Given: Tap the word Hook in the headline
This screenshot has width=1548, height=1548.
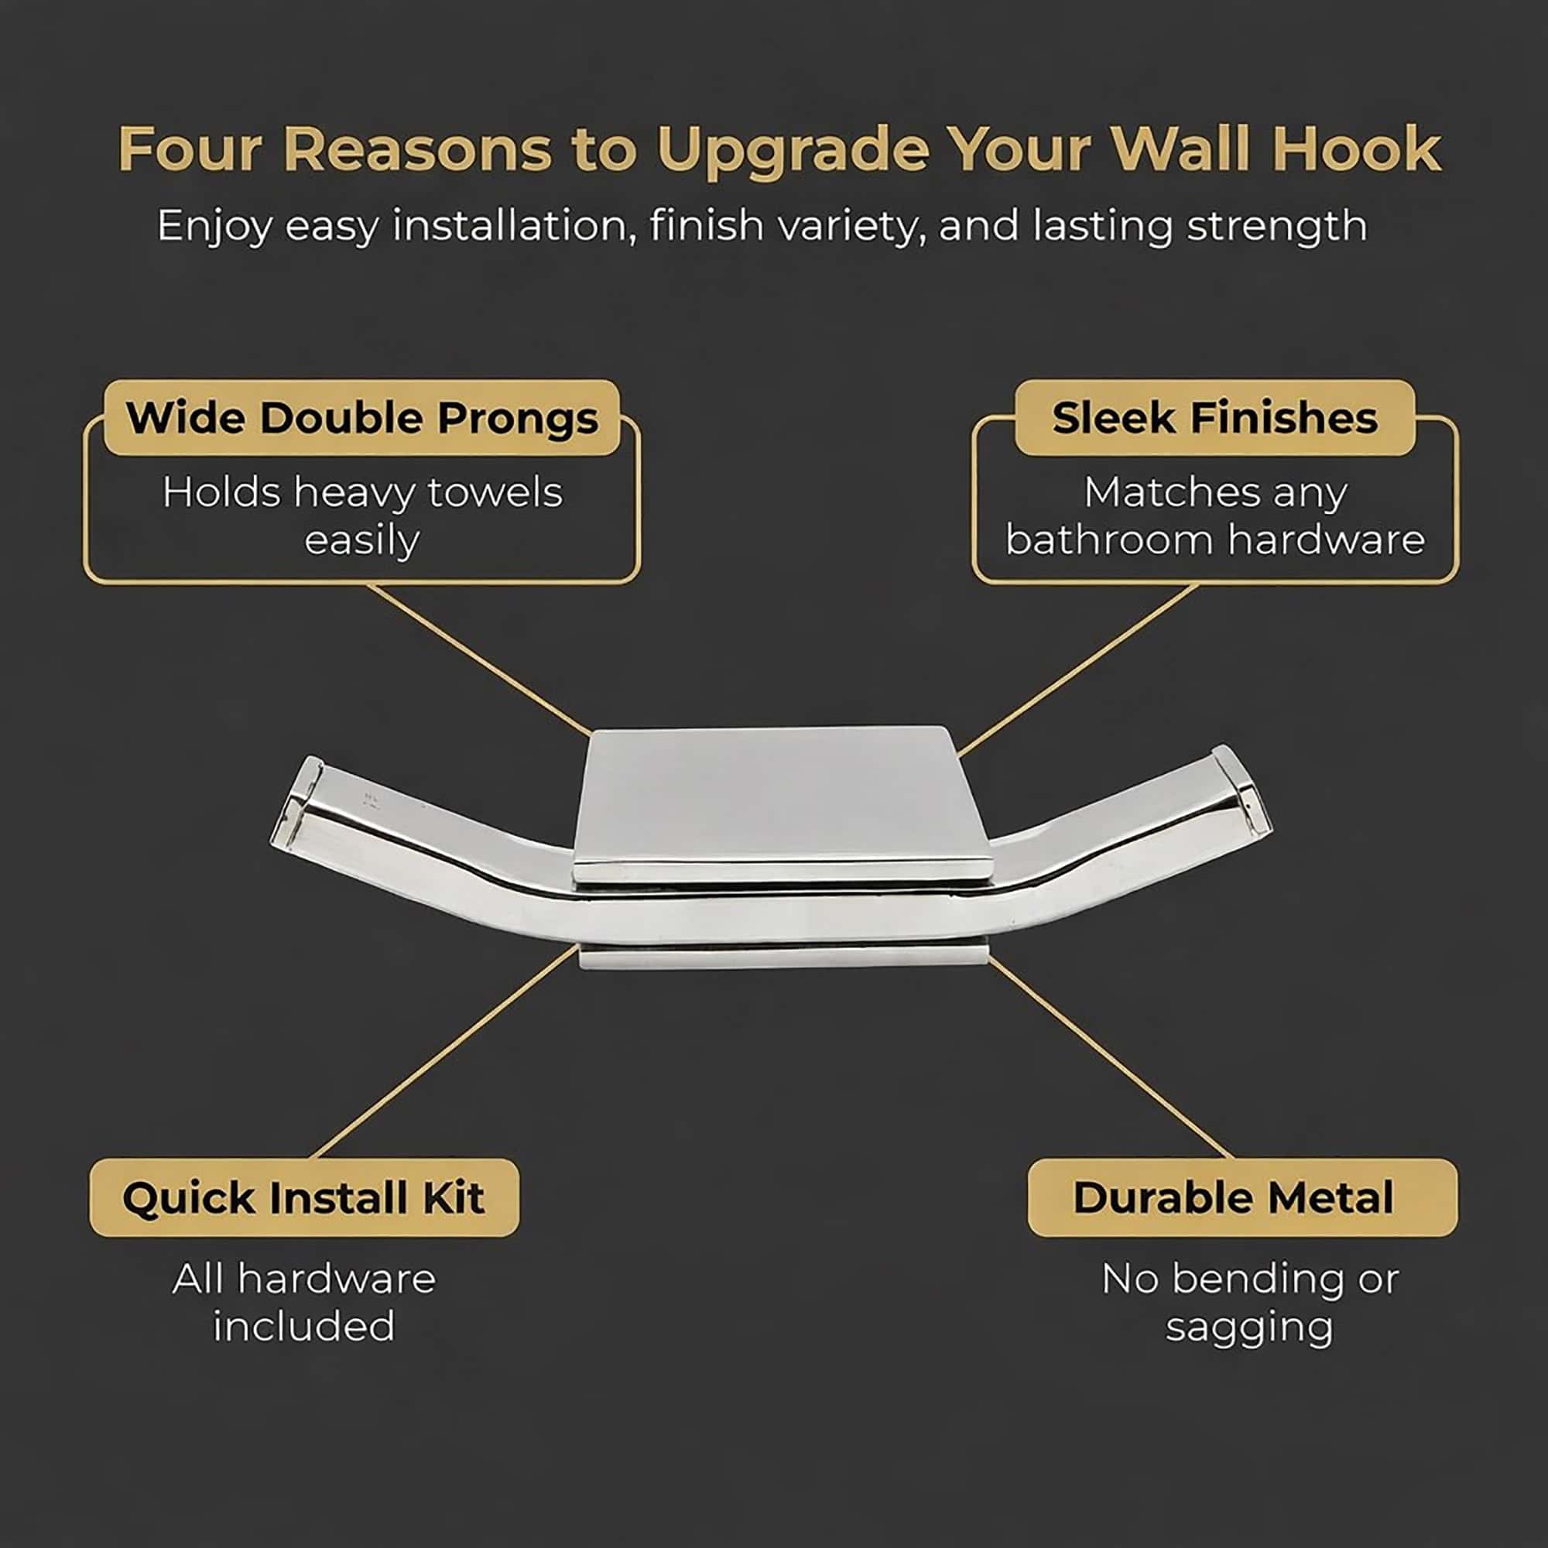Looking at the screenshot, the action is point(1357,149).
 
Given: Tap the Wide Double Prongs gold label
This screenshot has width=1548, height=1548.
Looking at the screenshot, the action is point(362,417).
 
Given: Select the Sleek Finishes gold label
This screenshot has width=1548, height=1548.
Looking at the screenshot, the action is point(1214,417).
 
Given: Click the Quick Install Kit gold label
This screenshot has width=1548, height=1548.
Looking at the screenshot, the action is point(304,1198).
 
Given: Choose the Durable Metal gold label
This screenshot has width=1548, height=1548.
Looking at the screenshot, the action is point(1243,1198).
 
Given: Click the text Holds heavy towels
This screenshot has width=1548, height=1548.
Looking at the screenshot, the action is point(362,492).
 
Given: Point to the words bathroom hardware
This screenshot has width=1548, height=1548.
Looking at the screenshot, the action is point(1214,539).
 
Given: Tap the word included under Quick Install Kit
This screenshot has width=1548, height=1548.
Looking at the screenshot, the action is point(304,1326).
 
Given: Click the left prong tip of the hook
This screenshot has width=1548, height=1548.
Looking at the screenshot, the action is point(299,802).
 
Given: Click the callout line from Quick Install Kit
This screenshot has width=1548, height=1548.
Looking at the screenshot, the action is point(446,1052).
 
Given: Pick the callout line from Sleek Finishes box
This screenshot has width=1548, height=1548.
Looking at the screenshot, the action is point(1077,670).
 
